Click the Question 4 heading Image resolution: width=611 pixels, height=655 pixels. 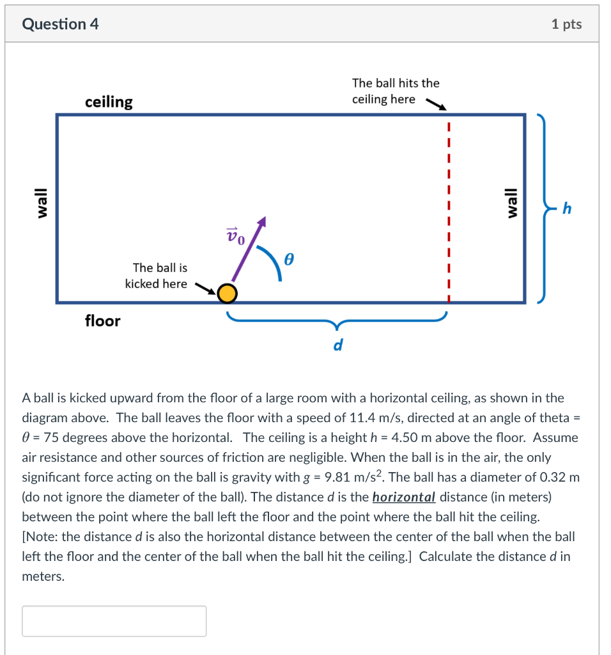pyautogui.click(x=60, y=24)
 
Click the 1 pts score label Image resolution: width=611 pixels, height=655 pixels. pyautogui.click(x=566, y=24)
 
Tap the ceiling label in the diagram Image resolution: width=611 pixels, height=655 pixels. pyautogui.click(x=109, y=102)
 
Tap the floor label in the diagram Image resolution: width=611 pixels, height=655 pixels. pyautogui.click(x=102, y=320)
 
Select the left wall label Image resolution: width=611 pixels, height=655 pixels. pyautogui.click(x=42, y=203)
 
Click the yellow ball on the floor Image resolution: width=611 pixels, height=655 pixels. pyautogui.click(x=227, y=294)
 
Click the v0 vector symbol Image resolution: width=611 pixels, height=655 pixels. pyautogui.click(x=235, y=236)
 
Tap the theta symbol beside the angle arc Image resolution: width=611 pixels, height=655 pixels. pyautogui.click(x=289, y=260)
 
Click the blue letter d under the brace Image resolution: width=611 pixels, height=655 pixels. pyautogui.click(x=337, y=345)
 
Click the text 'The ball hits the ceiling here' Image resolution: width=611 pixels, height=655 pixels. pyautogui.click(x=395, y=91)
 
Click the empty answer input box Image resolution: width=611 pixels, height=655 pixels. pyautogui.click(x=114, y=620)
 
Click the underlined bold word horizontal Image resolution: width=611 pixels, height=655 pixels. pyautogui.click(x=403, y=497)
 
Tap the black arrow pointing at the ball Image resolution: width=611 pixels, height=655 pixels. pyautogui.click(x=205, y=289)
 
